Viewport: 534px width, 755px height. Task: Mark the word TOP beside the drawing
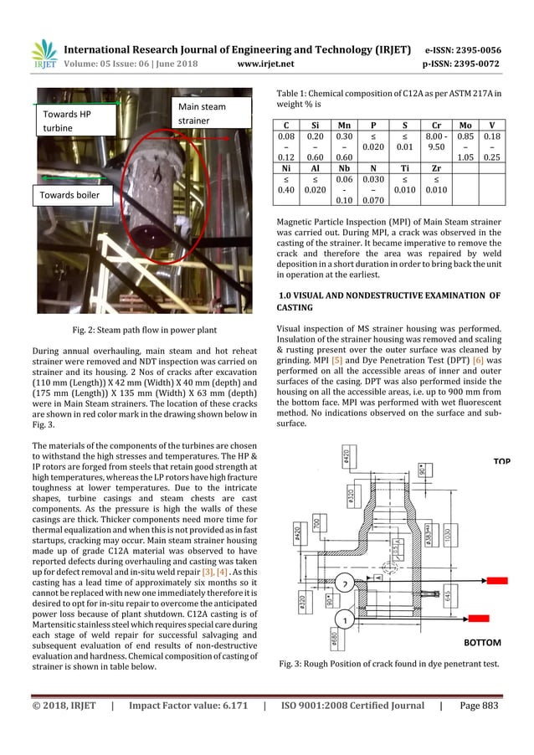(x=501, y=462)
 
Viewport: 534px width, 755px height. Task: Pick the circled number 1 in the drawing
(x=342, y=619)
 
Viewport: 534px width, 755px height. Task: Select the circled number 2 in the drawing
(x=342, y=583)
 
